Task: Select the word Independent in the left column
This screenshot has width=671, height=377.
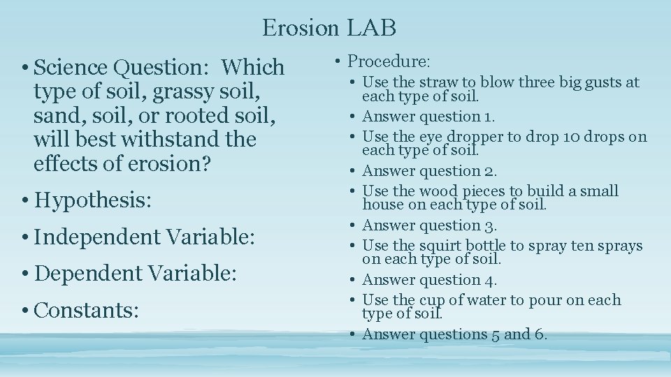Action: (x=95, y=237)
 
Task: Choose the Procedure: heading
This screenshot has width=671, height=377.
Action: (x=389, y=61)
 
